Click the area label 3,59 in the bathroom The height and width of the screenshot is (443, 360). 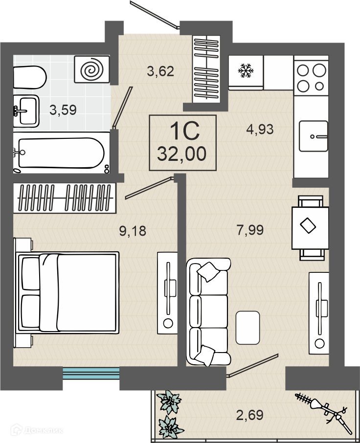[63, 110]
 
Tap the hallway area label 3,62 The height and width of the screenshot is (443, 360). [160, 71]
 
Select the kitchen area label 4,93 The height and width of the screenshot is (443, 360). [260, 130]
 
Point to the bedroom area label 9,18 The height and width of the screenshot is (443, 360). [133, 231]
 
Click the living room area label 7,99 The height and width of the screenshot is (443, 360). [250, 230]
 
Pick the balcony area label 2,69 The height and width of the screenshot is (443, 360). [250, 415]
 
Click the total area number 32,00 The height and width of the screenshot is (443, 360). [181, 154]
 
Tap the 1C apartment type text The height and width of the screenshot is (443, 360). [184, 131]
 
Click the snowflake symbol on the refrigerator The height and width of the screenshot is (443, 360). [246, 70]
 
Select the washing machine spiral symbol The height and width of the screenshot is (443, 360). [91, 69]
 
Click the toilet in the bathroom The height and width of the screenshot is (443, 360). [30, 77]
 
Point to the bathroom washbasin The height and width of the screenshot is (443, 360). [26, 110]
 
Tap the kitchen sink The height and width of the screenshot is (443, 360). [314, 136]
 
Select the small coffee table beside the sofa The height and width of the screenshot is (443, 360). [247, 328]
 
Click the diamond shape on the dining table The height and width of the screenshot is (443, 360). [308, 225]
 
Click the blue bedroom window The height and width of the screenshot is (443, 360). [90, 373]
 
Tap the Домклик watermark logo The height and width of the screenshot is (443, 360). [37, 430]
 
